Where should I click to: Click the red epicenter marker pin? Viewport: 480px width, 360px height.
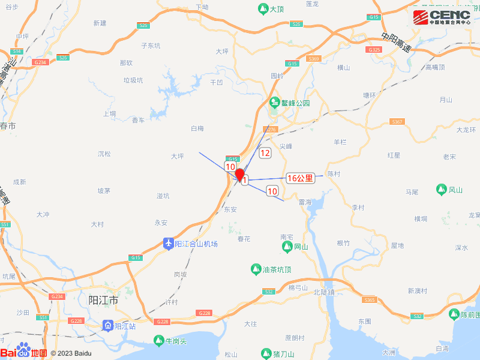pos(239,175)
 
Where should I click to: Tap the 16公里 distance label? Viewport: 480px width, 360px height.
pos(301,178)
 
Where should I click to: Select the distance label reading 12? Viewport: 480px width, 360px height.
pos(265,153)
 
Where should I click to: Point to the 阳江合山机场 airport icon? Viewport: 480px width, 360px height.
pos(169,244)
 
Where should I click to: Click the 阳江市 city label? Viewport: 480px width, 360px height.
pos(103,300)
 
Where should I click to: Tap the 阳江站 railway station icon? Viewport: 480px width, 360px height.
pos(107,326)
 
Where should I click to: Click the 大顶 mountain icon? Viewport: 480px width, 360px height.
pos(263,9)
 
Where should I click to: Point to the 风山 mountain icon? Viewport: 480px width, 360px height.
pos(441,190)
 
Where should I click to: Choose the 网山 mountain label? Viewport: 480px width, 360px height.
pos(301,247)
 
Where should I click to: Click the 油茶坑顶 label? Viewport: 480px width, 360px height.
pos(277,270)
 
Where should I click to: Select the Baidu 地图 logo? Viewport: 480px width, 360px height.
pos(24,353)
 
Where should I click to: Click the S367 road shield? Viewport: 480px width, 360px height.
pos(397,122)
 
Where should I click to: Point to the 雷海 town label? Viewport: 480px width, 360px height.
pos(305,203)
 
